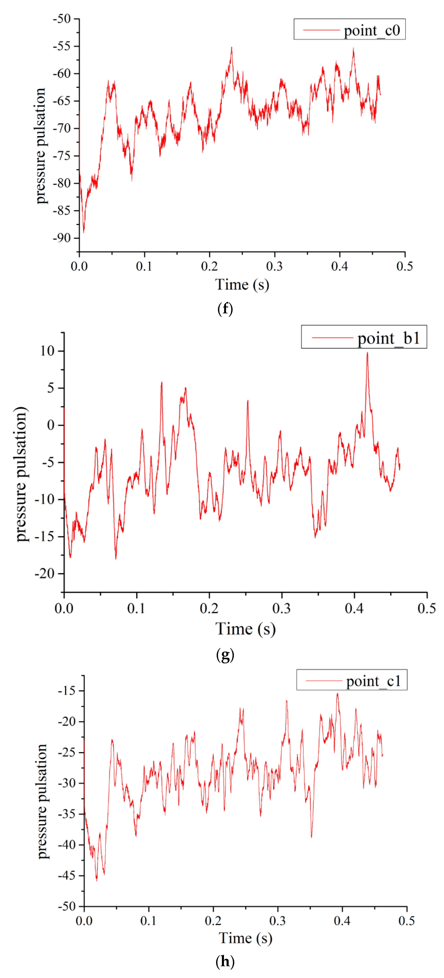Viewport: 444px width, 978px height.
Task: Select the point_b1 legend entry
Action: (x=364, y=337)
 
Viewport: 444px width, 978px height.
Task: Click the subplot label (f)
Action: (x=225, y=309)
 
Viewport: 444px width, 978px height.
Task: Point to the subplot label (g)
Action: (x=225, y=655)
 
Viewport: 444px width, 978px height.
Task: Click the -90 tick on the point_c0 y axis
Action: (x=62, y=238)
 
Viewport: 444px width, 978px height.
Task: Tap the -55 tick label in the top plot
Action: (x=62, y=46)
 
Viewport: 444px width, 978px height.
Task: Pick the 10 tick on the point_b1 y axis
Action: (x=47, y=351)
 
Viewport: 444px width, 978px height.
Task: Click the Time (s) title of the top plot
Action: (x=242, y=284)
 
